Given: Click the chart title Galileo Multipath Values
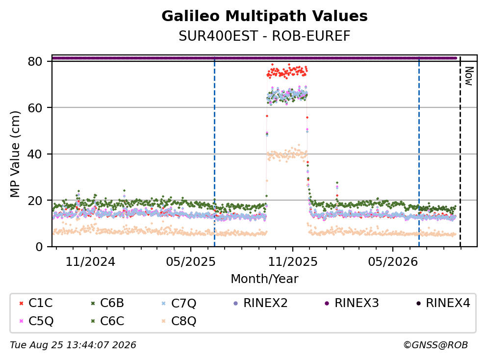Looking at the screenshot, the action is tap(264, 16).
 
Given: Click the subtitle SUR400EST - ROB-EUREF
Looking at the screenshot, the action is tap(264, 36).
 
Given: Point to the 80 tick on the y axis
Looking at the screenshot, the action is tap(35, 61).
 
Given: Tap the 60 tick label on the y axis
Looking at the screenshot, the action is tap(35, 108).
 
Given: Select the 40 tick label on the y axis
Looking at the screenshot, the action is tap(35, 154).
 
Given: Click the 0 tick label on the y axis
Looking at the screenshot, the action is tap(39, 247).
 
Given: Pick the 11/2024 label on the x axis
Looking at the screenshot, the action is tap(90, 262).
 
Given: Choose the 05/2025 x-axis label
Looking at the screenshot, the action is tap(190, 262).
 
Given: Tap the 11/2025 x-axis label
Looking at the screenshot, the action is tap(293, 262).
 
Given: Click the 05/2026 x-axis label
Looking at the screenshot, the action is tap(393, 262).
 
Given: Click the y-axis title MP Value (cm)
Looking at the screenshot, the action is tap(15, 154).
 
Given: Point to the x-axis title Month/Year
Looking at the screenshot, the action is tap(264, 279).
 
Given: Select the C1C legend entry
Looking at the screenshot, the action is tap(36, 303).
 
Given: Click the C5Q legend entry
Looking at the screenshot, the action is tap(36, 321).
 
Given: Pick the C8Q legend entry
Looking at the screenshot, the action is tap(179, 321).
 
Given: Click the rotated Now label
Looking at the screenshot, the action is tap(469, 76).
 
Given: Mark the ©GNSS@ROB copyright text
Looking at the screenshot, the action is tap(436, 345).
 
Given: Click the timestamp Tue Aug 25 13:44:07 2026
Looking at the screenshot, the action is tap(73, 345).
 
